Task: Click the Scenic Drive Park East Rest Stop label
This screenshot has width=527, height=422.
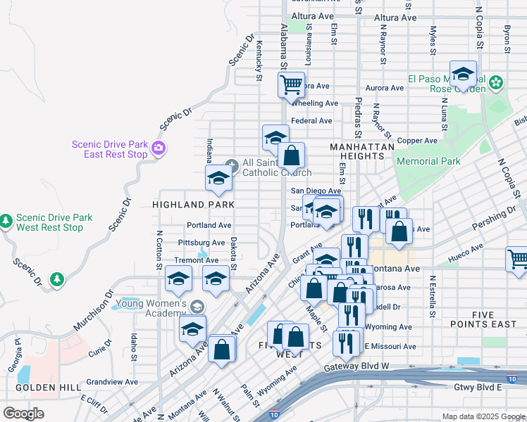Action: click(x=110, y=150)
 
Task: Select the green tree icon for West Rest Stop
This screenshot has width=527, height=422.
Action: click(x=6, y=222)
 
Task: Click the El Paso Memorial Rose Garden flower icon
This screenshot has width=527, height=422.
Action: click(x=497, y=83)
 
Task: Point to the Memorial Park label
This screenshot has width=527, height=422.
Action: click(x=428, y=161)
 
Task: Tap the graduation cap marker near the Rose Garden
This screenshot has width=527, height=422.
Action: click(x=463, y=75)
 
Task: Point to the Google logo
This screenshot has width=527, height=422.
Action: click(x=23, y=414)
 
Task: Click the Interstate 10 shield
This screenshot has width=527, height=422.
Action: click(x=273, y=414)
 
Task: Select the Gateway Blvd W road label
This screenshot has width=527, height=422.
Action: click(x=356, y=367)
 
